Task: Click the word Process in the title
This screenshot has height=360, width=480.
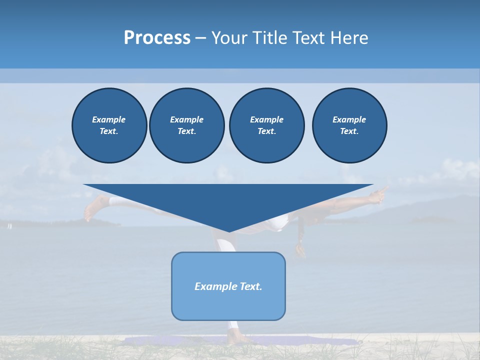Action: click(x=157, y=38)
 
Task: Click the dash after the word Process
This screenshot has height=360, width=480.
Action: click(x=200, y=38)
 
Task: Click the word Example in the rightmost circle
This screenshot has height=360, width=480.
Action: click(x=349, y=119)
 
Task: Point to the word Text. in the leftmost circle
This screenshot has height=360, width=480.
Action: click(x=109, y=131)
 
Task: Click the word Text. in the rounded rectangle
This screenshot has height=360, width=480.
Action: click(x=250, y=286)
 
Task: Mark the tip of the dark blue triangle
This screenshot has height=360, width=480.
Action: click(x=229, y=231)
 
